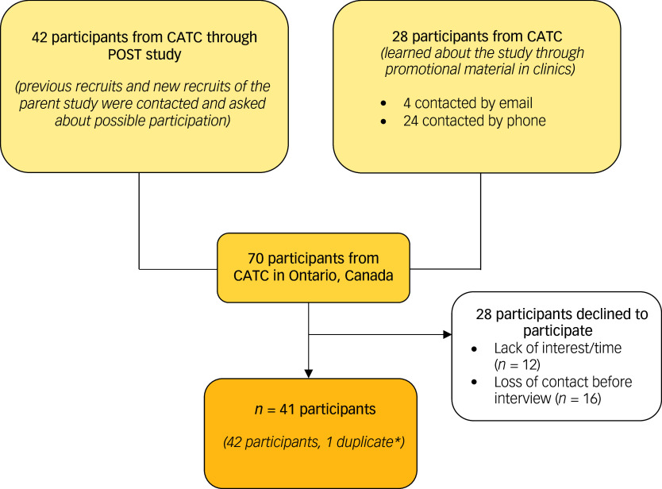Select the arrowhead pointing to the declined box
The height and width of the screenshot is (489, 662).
[446, 334]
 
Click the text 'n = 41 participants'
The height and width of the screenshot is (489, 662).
[310, 410]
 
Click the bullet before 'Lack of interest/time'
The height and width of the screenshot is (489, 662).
[474, 348]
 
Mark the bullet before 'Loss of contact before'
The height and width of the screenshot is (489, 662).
[474, 382]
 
